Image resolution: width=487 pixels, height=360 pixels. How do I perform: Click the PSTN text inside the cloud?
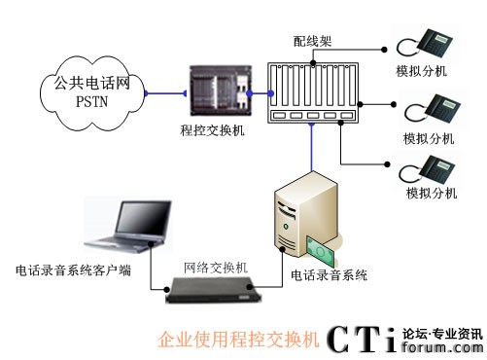91,101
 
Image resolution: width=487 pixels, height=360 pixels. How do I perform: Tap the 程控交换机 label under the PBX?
213,130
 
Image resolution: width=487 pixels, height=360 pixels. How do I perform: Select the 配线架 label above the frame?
312,41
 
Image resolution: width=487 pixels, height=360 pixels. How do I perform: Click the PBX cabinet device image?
221,90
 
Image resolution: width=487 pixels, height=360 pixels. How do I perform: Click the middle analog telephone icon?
433,109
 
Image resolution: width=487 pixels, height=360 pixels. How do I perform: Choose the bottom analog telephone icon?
427,169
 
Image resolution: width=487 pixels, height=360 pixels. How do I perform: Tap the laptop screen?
144,217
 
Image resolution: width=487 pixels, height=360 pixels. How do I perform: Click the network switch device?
213,290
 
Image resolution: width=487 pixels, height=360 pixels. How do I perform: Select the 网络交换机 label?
216,268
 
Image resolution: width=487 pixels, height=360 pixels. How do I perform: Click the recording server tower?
305,214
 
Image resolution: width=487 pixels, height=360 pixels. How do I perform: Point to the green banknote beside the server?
320,250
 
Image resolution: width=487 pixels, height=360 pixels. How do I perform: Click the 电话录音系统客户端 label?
73,270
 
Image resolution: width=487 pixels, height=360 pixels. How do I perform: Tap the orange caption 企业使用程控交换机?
238,340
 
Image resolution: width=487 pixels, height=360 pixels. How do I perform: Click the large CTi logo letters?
362,340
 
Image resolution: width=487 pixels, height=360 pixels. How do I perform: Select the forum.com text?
442,347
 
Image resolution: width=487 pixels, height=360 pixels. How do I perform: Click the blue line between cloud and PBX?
165,93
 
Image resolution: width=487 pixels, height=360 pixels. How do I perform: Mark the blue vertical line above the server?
312,147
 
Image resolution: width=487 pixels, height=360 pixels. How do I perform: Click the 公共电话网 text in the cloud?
91,83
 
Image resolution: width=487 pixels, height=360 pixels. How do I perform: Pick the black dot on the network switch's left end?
166,289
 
